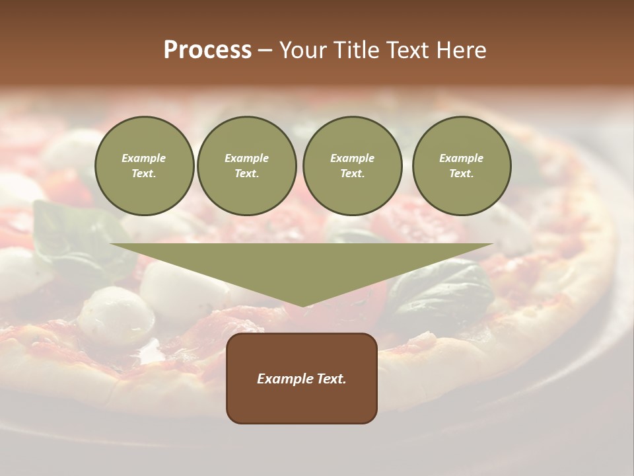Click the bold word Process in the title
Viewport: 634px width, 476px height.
pyautogui.click(x=207, y=50)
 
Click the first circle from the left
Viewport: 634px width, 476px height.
pyautogui.click(x=145, y=166)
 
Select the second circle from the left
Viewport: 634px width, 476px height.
pyautogui.click(x=247, y=166)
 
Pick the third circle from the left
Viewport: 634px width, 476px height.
pyautogui.click(x=353, y=166)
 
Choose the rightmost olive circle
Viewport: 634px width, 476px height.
pyautogui.click(x=462, y=166)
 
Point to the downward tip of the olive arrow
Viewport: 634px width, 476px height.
pyautogui.click(x=302, y=305)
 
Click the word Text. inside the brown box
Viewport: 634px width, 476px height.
pyautogui.click(x=331, y=379)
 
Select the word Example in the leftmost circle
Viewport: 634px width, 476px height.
pyautogui.click(x=144, y=158)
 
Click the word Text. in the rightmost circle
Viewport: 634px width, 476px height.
pyautogui.click(x=462, y=174)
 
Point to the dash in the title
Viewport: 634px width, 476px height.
pyautogui.click(x=265, y=50)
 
